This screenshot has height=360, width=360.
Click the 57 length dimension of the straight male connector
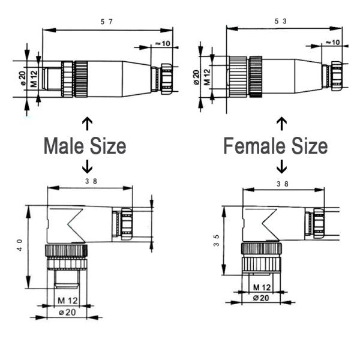click(x=107, y=22)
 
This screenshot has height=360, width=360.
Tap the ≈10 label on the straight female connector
click(x=332, y=41)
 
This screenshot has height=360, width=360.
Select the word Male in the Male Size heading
click(x=67, y=146)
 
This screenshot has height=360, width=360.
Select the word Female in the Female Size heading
click(x=256, y=146)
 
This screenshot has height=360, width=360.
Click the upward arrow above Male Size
click(x=87, y=124)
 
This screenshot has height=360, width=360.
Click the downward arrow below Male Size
click(x=87, y=166)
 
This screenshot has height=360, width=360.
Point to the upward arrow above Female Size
click(x=281, y=124)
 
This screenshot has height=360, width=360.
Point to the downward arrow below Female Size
click(x=281, y=166)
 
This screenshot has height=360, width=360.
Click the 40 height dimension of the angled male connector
click(x=20, y=247)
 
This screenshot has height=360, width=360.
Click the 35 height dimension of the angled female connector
click(x=216, y=241)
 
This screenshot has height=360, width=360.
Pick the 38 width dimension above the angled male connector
click(x=91, y=180)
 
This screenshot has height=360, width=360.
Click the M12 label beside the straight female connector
click(x=206, y=77)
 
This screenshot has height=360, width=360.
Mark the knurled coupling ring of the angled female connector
click(x=260, y=250)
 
